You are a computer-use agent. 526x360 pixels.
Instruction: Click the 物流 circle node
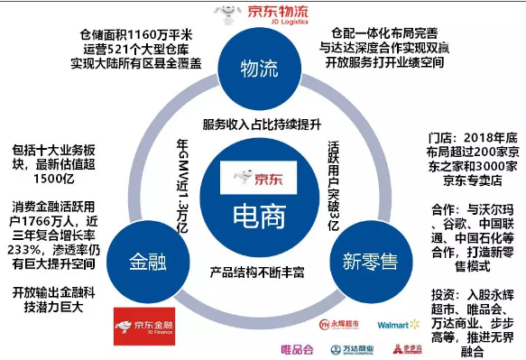coord(259,69)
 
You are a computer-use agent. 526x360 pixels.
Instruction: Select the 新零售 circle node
coord(370,262)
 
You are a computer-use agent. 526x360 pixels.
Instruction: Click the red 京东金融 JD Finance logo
coord(143,322)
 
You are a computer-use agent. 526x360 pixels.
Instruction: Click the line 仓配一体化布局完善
coord(385,31)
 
